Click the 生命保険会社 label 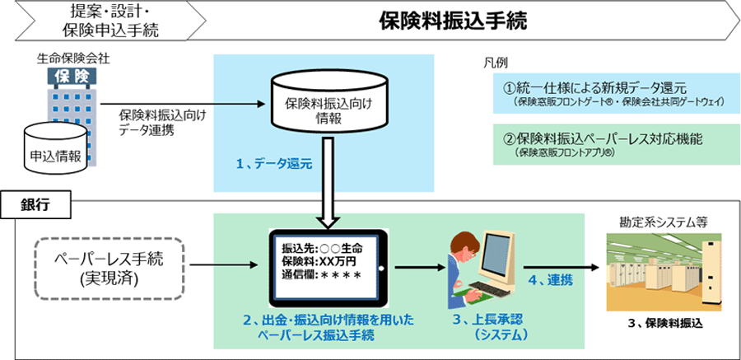[x=73, y=59]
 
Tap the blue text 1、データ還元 [x=273, y=165]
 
